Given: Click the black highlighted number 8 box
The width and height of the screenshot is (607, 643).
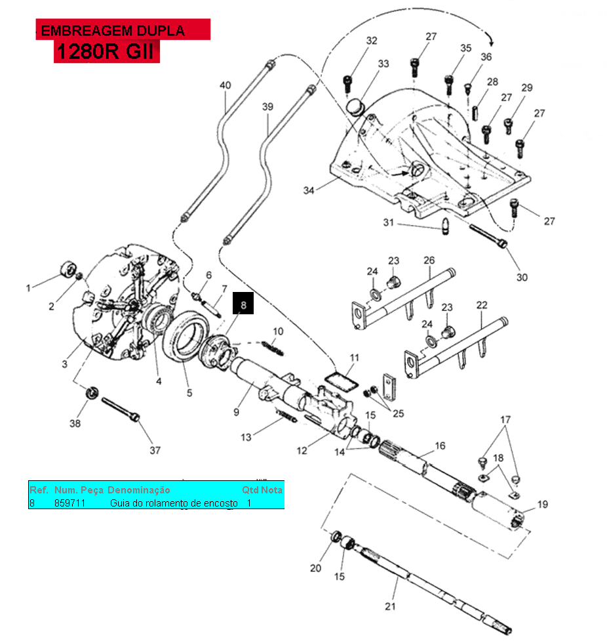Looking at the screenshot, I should [x=243, y=304].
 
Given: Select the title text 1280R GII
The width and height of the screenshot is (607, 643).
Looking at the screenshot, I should [x=106, y=52].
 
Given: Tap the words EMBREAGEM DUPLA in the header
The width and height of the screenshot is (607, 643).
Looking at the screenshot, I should [x=113, y=30].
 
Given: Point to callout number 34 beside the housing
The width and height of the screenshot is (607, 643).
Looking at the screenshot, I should [x=309, y=190].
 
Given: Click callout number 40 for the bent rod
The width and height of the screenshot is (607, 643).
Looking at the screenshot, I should [x=225, y=85].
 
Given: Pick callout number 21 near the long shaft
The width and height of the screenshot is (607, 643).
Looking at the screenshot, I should [x=391, y=606].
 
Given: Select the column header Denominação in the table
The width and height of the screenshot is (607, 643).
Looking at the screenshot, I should [x=138, y=490].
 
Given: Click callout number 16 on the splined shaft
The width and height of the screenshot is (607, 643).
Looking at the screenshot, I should [x=440, y=446].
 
